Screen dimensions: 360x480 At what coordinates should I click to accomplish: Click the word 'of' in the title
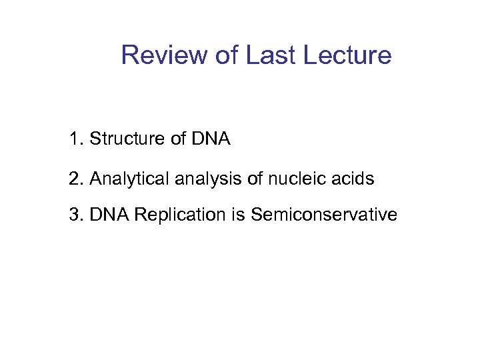pos(227,55)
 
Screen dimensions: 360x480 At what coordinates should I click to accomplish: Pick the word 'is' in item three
pos(238,215)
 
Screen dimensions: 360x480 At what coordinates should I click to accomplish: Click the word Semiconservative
pos(324,215)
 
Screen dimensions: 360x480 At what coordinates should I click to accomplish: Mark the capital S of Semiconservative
pos(257,215)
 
